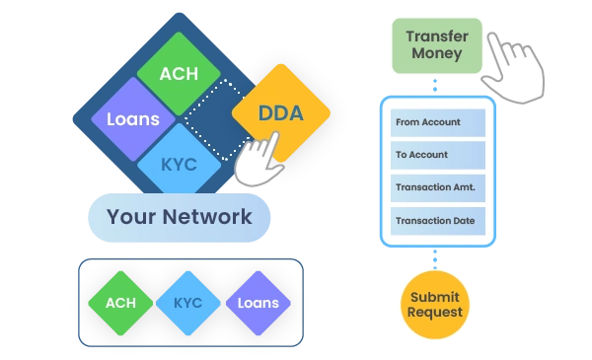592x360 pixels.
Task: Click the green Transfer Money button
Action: [437, 45]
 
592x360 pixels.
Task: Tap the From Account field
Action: [438, 122]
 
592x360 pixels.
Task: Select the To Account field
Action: [438, 155]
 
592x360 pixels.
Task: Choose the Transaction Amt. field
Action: [438, 188]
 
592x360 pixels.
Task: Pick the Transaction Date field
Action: [438, 221]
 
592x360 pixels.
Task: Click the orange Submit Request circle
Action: [435, 305]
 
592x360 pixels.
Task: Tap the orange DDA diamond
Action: [281, 112]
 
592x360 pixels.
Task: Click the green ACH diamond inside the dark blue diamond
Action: [179, 74]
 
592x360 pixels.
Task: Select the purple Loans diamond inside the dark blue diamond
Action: [133, 119]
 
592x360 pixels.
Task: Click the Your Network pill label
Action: [180, 217]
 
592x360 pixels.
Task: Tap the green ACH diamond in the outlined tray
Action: [120, 303]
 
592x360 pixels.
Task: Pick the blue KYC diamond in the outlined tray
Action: [188, 303]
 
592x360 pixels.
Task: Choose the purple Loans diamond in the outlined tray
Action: [259, 303]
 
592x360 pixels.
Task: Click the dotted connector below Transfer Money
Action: [435, 85]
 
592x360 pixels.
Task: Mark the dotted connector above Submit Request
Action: [435, 259]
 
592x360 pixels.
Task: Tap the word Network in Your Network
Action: [207, 217]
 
